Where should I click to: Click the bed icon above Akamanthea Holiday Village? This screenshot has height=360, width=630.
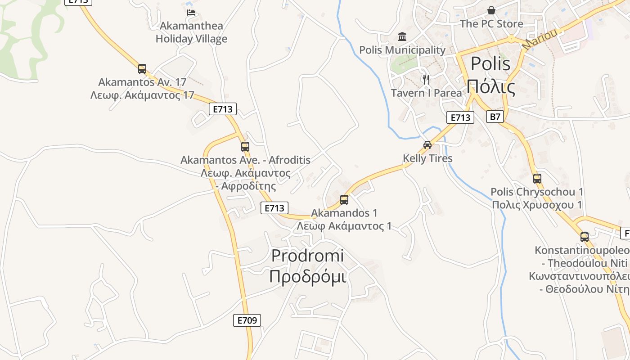click(x=191, y=13)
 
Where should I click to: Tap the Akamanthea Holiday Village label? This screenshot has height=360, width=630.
click(x=191, y=32)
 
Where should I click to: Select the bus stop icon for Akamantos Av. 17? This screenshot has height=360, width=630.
click(x=142, y=69)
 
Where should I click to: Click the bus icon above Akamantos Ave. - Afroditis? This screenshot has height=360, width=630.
click(x=245, y=146)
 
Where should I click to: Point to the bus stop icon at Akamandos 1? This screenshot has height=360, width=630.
click(x=344, y=200)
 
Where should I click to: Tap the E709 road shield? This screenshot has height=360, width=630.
click(x=247, y=320)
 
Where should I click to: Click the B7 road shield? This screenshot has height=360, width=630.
click(x=495, y=117)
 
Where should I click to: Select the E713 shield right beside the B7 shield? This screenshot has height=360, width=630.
click(x=460, y=118)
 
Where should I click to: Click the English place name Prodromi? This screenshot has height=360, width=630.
click(x=307, y=256)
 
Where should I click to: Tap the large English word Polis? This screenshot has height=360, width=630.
click(x=490, y=64)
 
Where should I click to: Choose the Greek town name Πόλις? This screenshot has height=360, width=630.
click(x=491, y=86)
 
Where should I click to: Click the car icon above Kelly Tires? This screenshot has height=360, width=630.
click(x=427, y=145)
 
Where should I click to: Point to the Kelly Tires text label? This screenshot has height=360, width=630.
click(x=427, y=158)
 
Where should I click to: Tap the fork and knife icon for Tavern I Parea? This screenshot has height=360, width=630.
click(x=426, y=80)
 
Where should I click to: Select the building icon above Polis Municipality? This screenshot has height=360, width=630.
click(x=402, y=36)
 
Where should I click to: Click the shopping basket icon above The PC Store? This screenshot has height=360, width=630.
click(x=491, y=10)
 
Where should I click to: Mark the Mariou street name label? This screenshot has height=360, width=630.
click(x=540, y=40)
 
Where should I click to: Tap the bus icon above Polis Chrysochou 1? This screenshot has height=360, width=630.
click(x=537, y=178)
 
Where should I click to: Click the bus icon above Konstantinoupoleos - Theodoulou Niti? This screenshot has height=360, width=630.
click(x=585, y=237)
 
